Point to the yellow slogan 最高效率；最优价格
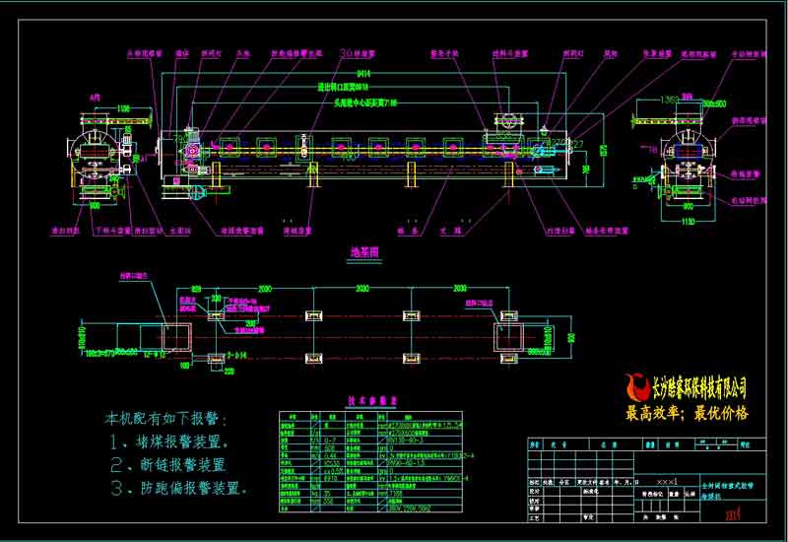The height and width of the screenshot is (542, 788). (x=687, y=413)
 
